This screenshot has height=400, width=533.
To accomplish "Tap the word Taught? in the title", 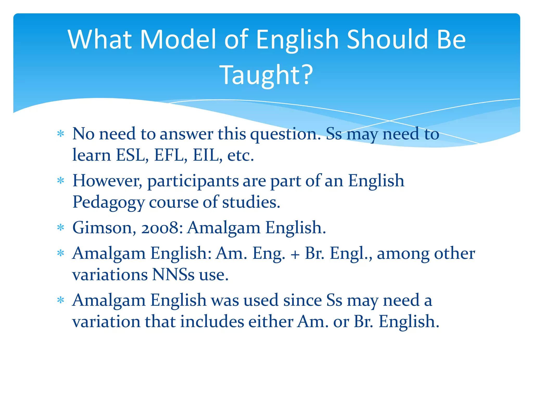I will pos(266,75).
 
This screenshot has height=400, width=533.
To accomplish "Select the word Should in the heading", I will pos(388,40).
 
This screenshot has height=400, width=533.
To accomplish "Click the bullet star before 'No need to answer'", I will pos(61,134).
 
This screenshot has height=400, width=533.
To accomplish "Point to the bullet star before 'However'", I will pos(61,181).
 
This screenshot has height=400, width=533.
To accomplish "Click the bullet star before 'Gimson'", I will pos(61,228).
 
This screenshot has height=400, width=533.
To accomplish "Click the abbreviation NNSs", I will pos(173,275).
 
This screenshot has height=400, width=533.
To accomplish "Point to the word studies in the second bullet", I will pos(251,202).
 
